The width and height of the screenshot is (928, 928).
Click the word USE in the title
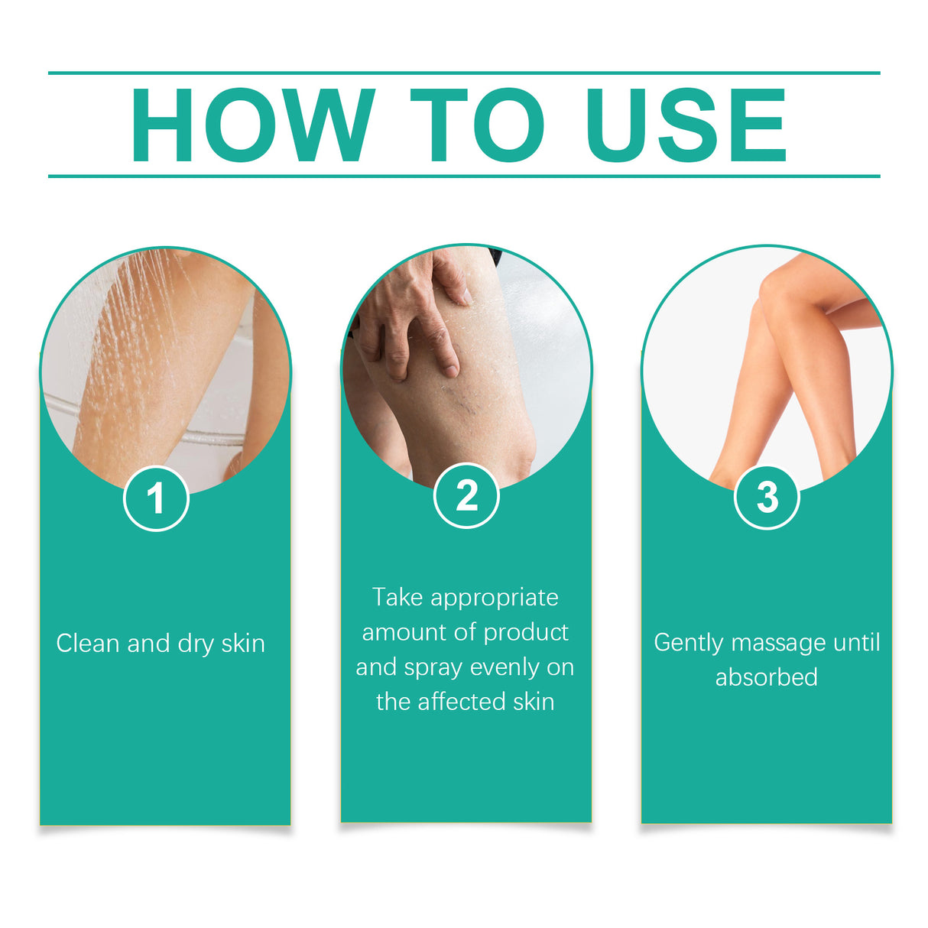pos(686,126)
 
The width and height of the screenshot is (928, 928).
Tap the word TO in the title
pos(477,126)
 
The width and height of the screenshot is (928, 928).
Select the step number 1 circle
pos(156,498)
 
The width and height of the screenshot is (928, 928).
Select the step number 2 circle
pos(466,496)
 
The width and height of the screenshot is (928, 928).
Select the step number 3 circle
pos(767,497)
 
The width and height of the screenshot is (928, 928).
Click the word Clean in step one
pos(88,644)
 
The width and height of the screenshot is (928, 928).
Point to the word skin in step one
pos(243,644)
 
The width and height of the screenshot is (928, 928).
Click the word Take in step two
pos(397,597)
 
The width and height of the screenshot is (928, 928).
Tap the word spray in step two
pos(433,668)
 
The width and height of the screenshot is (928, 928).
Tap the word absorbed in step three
pos(766,677)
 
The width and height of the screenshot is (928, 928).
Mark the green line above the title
pos(464,73)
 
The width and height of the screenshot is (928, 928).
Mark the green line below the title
pos(464,176)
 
